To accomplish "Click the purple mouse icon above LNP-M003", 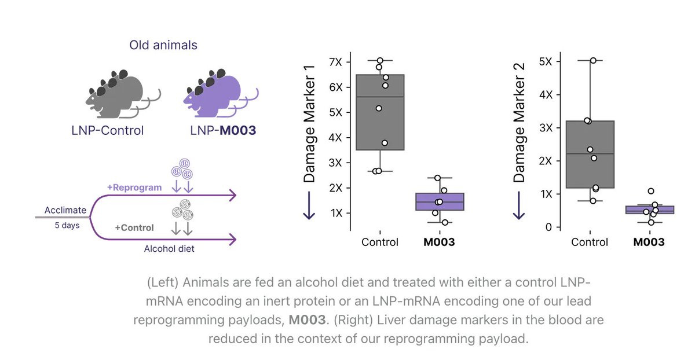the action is pyautogui.click(x=217, y=94).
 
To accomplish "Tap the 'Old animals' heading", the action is pyautogui.click(x=163, y=45).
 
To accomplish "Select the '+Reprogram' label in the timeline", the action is pyautogui.click(x=134, y=188).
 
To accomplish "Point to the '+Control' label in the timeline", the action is pyautogui.click(x=134, y=227).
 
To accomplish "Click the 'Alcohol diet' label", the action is pyautogui.click(x=169, y=249).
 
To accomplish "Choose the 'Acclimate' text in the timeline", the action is pyautogui.click(x=65, y=210).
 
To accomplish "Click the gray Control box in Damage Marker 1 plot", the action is pyautogui.click(x=380, y=112).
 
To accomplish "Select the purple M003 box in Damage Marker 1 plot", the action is pyautogui.click(x=440, y=202).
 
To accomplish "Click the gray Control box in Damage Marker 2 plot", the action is pyautogui.click(x=590, y=155).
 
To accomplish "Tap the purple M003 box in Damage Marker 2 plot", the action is pyautogui.click(x=650, y=210).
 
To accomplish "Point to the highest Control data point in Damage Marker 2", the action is pyautogui.click(x=593, y=60).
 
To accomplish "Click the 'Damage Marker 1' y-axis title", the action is pyautogui.click(x=309, y=124).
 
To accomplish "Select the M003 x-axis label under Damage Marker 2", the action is pyautogui.click(x=649, y=242).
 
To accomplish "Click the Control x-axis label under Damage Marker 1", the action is pyautogui.click(x=380, y=242).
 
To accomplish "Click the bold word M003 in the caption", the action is pyautogui.click(x=307, y=319).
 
